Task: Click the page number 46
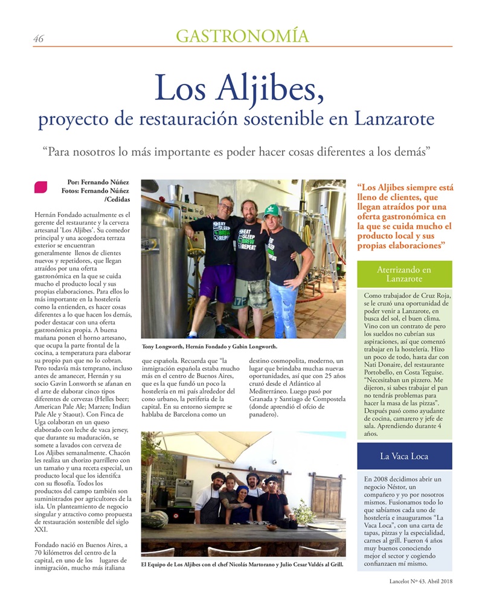click(38, 39)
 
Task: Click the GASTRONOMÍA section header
click(242, 36)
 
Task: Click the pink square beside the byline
click(40, 187)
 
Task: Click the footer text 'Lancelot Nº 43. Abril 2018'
click(420, 582)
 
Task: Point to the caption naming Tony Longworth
click(209, 347)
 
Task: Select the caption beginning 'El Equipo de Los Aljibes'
click(242, 565)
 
